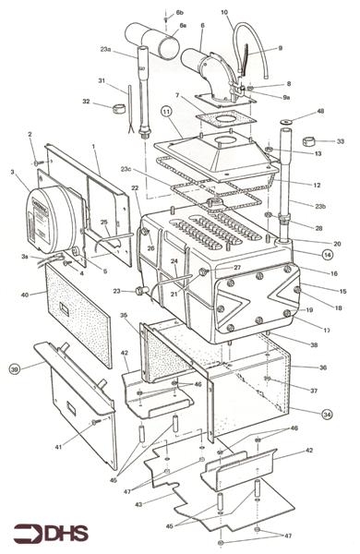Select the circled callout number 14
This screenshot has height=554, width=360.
tap(328, 252)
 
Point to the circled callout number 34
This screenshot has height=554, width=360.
tap(328, 415)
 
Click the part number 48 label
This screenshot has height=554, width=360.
tap(321, 111)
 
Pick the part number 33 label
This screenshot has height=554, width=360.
tap(340, 141)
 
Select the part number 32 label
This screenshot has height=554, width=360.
tap(86, 102)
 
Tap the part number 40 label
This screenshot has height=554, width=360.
tap(27, 295)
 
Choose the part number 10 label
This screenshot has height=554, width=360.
tap(224, 12)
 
